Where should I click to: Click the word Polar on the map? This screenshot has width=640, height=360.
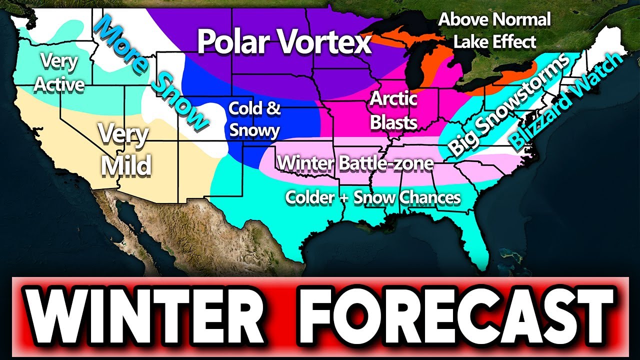click(x=238, y=42)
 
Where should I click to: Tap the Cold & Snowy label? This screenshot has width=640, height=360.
click(x=254, y=119)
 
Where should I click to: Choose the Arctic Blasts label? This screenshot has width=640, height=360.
click(x=393, y=110)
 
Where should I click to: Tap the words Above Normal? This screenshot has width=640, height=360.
click(x=494, y=20)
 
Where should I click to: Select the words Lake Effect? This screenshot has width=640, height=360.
click(x=494, y=42)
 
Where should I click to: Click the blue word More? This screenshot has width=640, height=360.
click(x=118, y=42)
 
